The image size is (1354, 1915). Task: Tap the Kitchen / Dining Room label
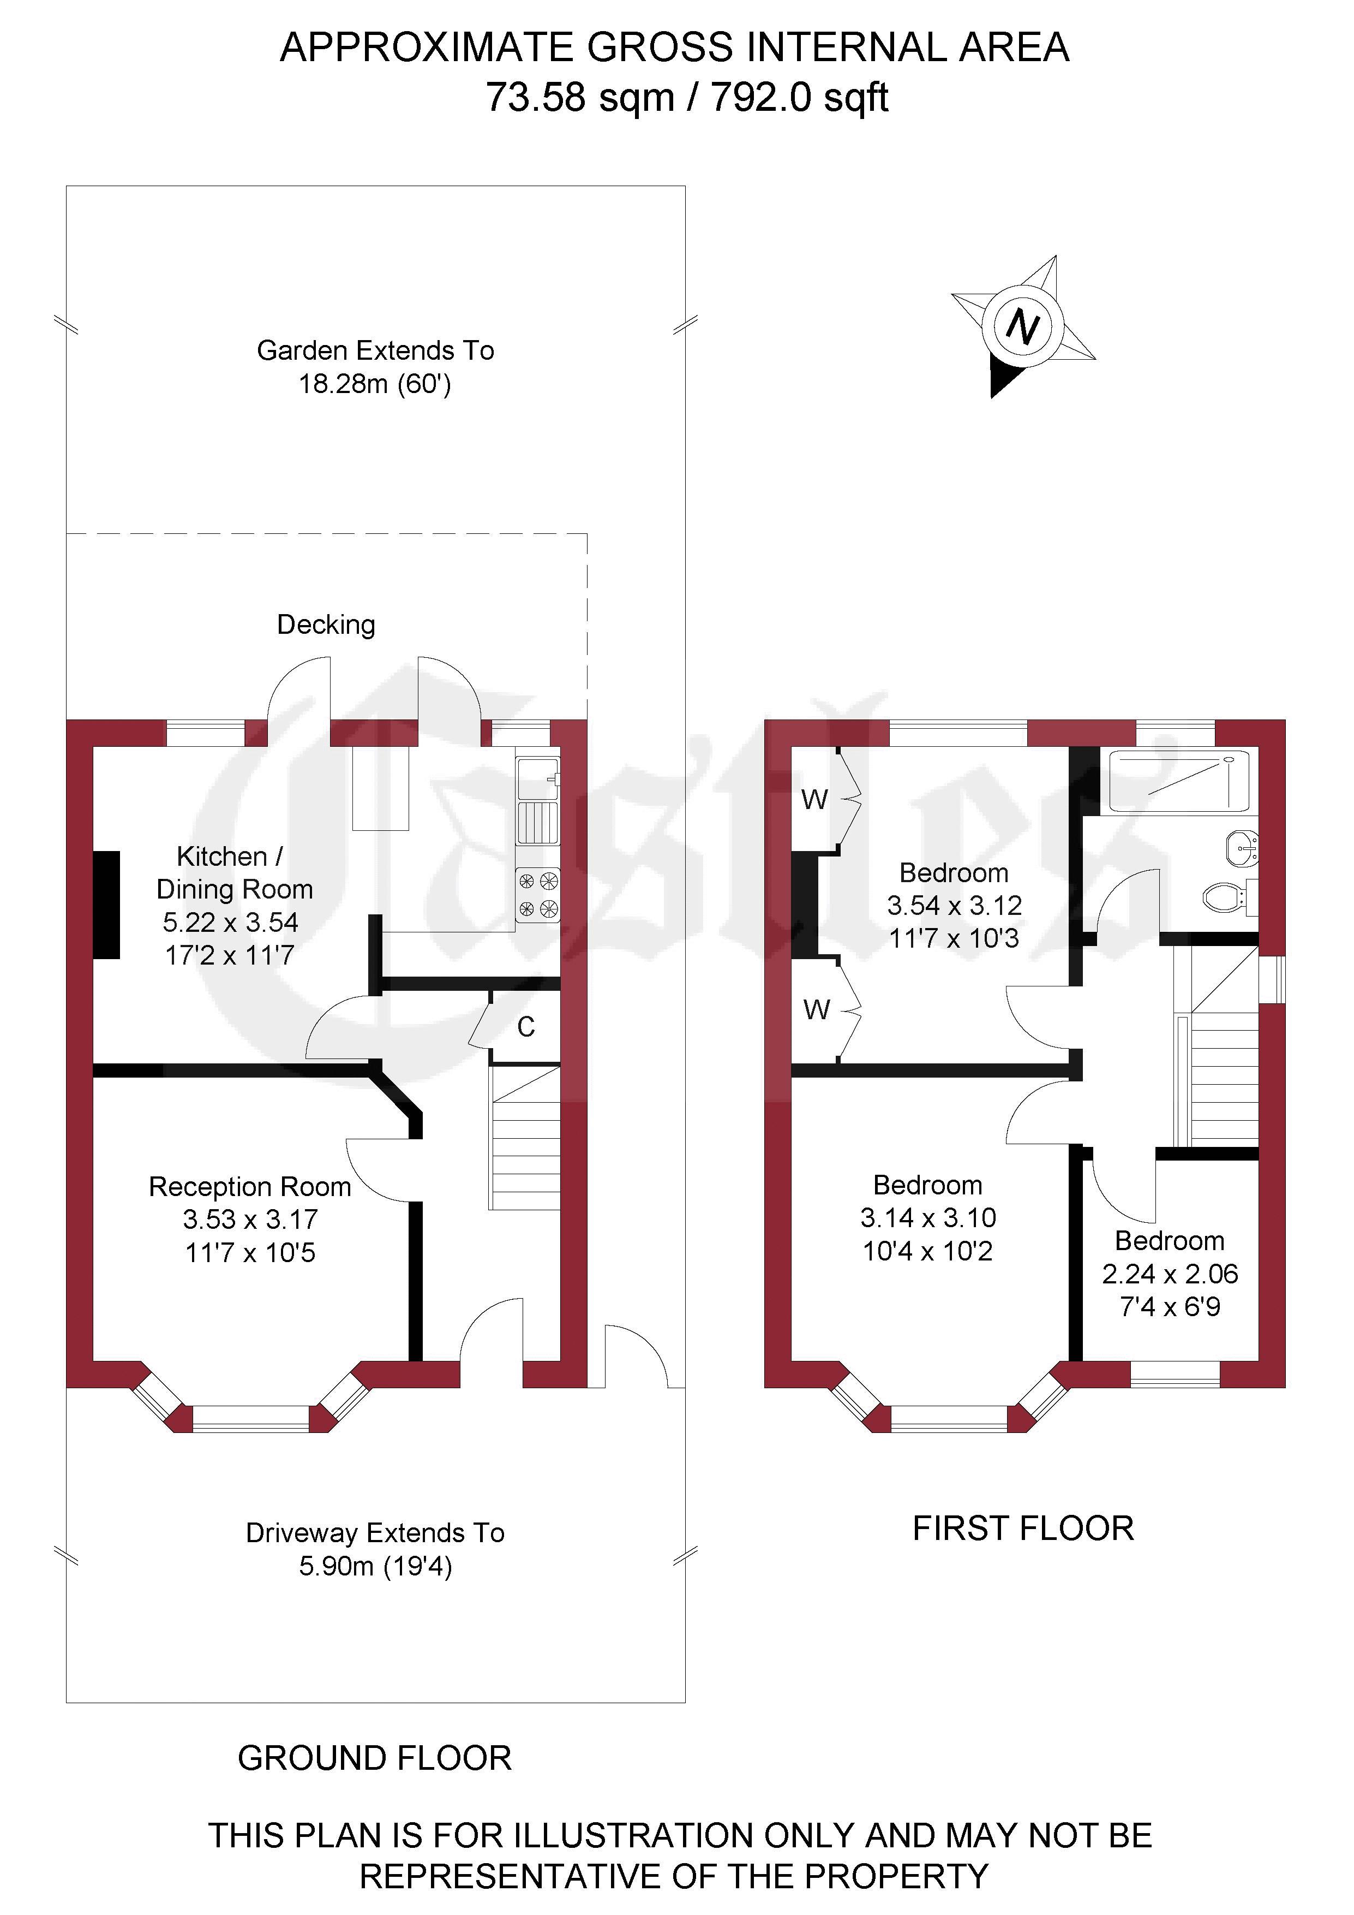pos(234,872)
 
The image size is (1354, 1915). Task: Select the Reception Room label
pos(249,1186)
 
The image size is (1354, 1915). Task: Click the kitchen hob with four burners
pos(538,894)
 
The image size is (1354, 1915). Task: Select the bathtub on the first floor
pos(1179,781)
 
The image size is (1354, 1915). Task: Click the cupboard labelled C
pos(524,1027)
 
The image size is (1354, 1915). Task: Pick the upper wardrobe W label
pos(814,800)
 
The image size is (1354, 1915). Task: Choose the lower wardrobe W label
pos(816,1010)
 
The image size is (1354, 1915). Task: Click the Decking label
pos(326,625)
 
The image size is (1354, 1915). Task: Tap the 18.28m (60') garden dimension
pos(375,384)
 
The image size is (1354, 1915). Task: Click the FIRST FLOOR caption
pos(1023,1529)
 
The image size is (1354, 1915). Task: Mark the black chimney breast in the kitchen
pos(106,905)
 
